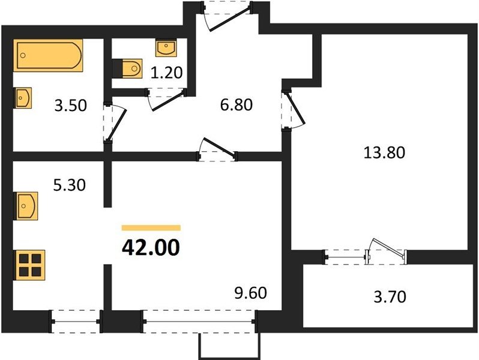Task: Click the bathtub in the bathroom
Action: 48,55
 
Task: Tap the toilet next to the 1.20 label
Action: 127,68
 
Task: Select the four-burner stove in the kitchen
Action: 29,265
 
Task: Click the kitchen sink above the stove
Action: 26,206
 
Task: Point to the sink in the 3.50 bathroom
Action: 23,98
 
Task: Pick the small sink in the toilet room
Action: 166,47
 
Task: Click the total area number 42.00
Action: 151,248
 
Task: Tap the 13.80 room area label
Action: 384,152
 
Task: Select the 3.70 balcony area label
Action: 390,296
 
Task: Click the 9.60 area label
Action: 250,293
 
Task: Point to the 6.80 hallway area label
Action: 236,105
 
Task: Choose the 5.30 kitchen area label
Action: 70,185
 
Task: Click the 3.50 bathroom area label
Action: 71,106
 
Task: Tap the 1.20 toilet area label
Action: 166,73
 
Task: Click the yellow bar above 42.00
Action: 151,228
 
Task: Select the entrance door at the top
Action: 227,16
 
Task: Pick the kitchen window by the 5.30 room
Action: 76,322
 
